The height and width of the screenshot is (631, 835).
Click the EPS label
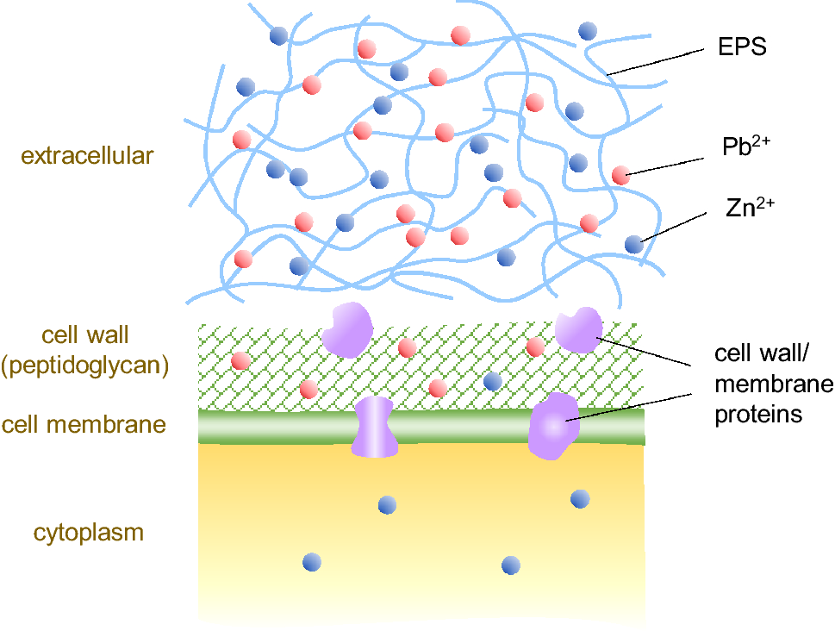(x=742, y=47)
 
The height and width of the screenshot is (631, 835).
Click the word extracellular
(x=87, y=156)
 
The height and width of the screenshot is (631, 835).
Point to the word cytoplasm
(x=89, y=532)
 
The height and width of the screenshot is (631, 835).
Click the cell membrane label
(x=83, y=424)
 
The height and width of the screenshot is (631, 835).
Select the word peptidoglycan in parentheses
(x=84, y=365)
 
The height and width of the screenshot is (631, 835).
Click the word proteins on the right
(x=758, y=414)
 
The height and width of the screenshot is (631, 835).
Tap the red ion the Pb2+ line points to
(x=620, y=175)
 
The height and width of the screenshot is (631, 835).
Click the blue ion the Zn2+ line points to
(x=634, y=244)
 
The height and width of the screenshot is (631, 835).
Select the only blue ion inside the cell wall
(x=493, y=381)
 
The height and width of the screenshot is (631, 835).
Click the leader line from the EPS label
(x=655, y=62)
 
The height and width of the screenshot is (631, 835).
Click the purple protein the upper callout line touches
(x=577, y=329)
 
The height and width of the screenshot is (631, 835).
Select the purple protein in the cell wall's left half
(x=346, y=328)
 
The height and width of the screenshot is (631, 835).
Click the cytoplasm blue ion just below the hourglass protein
(x=387, y=504)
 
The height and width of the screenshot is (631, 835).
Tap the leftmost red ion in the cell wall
(x=241, y=359)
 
